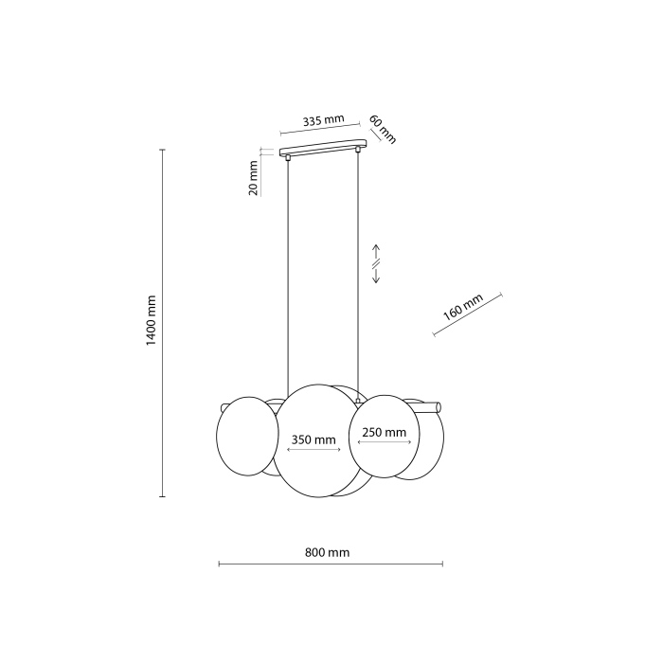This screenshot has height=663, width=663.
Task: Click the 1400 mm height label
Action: coord(152,322)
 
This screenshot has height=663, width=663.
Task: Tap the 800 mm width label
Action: coord(328,551)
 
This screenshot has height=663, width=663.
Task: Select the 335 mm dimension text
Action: coord(323,121)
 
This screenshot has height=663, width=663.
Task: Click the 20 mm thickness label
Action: coord(253,178)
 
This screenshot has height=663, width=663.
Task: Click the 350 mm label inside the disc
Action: coord(313,439)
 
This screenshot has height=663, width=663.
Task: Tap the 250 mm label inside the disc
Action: coord(384,432)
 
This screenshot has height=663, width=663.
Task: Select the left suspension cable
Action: coord(288,275)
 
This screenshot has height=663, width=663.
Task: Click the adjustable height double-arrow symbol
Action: coord(375,264)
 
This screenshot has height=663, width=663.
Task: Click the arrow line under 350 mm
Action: coord(313,452)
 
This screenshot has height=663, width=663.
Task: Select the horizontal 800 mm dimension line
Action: coord(330,564)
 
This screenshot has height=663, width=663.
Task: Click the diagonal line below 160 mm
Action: coord(470,315)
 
